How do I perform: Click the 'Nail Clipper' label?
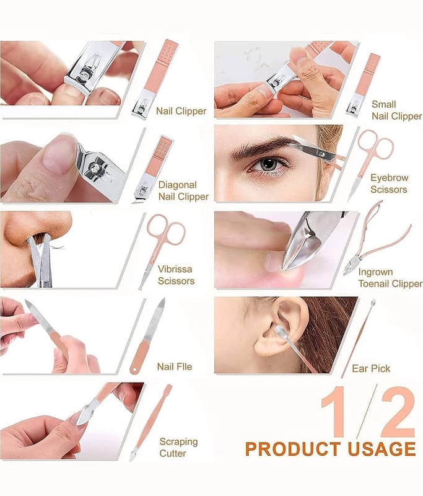[181, 111]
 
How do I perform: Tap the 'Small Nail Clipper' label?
[396, 110]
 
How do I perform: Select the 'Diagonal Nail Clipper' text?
[183, 191]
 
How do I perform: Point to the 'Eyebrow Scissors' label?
[389, 184]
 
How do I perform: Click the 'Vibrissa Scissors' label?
[176, 275]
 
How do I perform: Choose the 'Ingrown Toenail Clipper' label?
[390, 278]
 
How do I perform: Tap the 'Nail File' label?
[175, 366]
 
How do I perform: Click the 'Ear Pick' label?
[371, 368]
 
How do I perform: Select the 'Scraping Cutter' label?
[178, 447]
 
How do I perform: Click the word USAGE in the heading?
[382, 449]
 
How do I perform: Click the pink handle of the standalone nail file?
[139, 358]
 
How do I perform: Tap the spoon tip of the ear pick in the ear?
[279, 330]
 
